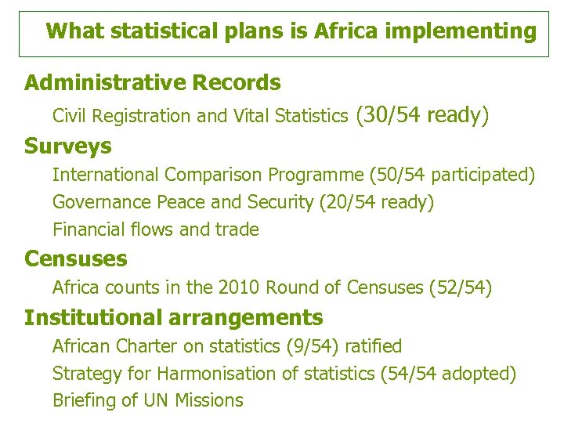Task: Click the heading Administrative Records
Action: (152, 82)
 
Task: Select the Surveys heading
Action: (68, 146)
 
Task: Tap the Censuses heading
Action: (76, 258)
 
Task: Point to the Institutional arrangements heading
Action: (173, 317)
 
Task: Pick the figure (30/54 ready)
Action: (422, 116)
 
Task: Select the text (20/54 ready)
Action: (376, 202)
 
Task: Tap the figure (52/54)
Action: (461, 288)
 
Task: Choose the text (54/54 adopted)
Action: (447, 374)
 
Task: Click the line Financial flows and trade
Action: (156, 230)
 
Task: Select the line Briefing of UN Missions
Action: (148, 400)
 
